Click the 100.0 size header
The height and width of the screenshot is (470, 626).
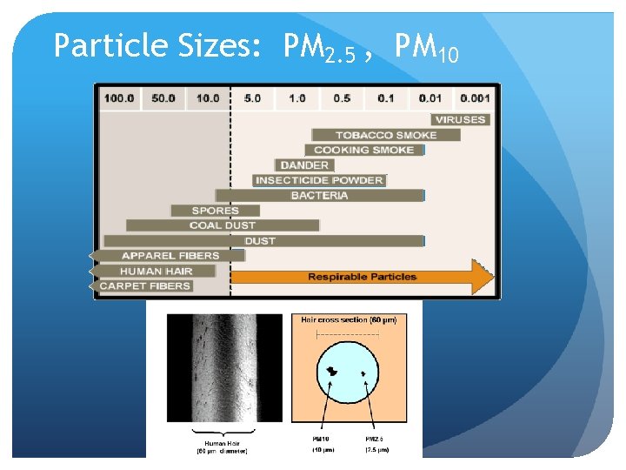click(119, 98)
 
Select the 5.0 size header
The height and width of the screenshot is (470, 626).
click(252, 98)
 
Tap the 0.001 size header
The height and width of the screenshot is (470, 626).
click(475, 98)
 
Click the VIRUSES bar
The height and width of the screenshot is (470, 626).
click(459, 119)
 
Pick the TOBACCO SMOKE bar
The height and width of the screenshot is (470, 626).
click(374, 135)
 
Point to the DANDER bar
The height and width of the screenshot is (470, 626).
click(304, 165)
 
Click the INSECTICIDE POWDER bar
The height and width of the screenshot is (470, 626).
click(318, 180)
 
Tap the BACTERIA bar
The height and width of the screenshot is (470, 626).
click(319, 196)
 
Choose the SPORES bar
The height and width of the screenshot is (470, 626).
click(216, 211)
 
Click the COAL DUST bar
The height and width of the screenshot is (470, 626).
click(223, 225)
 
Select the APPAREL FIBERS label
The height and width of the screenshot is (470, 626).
click(170, 256)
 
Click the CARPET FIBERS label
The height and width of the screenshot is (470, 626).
click(145, 285)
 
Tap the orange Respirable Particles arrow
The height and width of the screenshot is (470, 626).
click(362, 277)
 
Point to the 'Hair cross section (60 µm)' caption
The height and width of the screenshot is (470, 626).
click(348, 320)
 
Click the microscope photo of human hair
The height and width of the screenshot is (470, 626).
click(224, 368)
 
